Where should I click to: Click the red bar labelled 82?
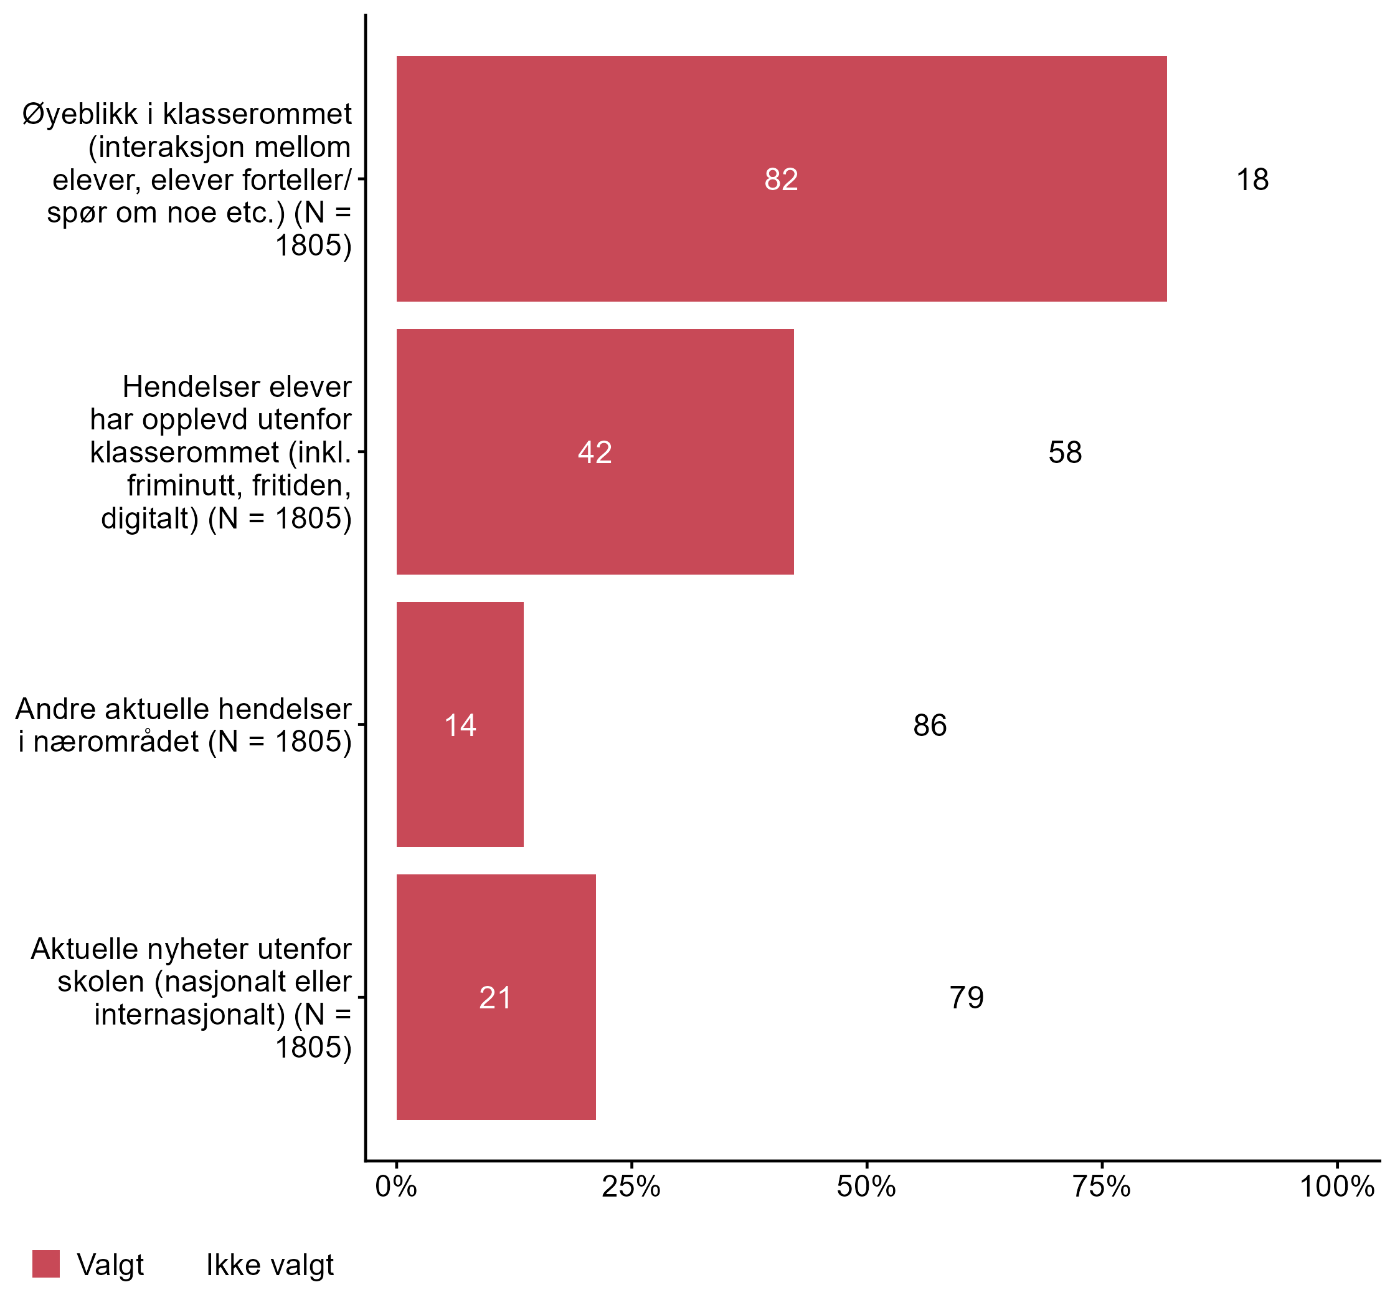pyautogui.click(x=781, y=179)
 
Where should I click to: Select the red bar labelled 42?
pyautogui.click(x=595, y=451)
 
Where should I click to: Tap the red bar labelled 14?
pyautogui.click(x=460, y=725)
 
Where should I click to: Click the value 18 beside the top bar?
pyautogui.click(x=1252, y=179)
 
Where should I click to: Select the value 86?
pyautogui.click(x=930, y=725)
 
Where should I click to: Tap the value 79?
pyautogui.click(x=967, y=998)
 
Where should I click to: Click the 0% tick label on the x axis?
pyautogui.click(x=397, y=1187)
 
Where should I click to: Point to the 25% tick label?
pyautogui.click(x=631, y=1187)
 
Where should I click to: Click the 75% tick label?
pyautogui.click(x=1101, y=1187)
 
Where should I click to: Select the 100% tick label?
pyautogui.click(x=1336, y=1187)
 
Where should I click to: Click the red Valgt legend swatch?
pyautogui.click(x=46, y=1264)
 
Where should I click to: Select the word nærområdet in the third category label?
pyautogui.click(x=116, y=742)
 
